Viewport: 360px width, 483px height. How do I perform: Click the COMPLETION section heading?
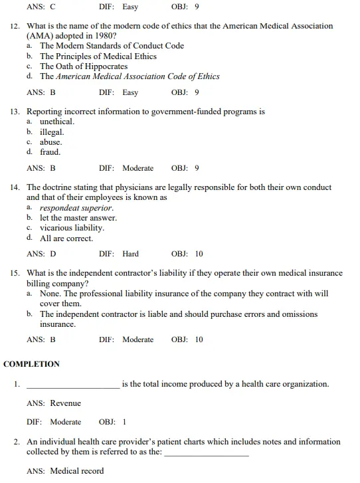(x=31, y=364)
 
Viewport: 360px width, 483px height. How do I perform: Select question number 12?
(x=15, y=26)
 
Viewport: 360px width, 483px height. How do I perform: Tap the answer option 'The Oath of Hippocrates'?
(x=84, y=66)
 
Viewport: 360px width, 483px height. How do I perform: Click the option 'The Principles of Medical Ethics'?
(x=98, y=56)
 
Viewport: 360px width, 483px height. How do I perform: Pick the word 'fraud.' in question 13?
(x=50, y=152)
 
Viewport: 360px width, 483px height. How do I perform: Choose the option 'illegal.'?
(x=52, y=132)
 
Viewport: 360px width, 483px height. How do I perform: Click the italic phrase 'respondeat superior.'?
(x=76, y=208)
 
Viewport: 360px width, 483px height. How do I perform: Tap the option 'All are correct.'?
(x=66, y=238)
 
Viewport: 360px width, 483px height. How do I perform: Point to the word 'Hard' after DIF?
(x=131, y=254)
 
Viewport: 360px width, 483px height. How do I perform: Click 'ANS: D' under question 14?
(x=41, y=254)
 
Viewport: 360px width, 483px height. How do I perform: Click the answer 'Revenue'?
(x=65, y=403)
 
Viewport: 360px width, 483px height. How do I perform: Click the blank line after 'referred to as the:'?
(x=206, y=454)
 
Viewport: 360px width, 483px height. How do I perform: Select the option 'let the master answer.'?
(x=78, y=218)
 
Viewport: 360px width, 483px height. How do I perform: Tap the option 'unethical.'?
(x=57, y=122)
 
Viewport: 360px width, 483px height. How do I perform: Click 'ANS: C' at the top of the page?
(x=41, y=7)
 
